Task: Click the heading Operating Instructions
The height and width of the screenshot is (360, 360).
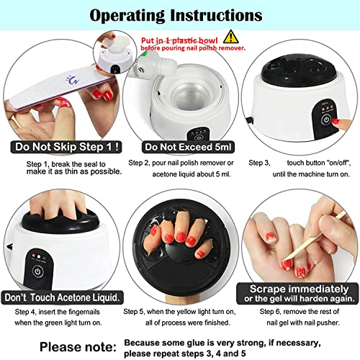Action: (179, 14)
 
